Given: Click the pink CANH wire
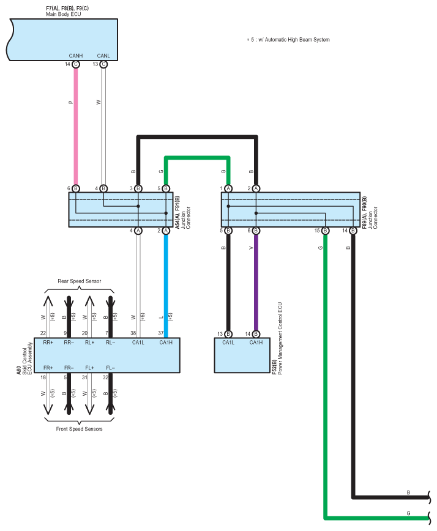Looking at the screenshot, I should pyautogui.click(x=76, y=122).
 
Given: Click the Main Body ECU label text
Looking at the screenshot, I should pyautogui.click(x=63, y=14).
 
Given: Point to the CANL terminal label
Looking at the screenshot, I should pyautogui.click(x=103, y=56).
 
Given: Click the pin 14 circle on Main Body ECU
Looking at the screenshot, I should pyautogui.click(x=76, y=64).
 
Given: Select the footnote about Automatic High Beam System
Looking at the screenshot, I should pyautogui.click(x=288, y=40).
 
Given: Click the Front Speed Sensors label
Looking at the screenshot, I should pyautogui.click(x=75, y=429).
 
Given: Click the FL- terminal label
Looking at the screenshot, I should pyautogui.click(x=110, y=367).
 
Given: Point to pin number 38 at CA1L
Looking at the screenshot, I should pyautogui.click(x=133, y=333).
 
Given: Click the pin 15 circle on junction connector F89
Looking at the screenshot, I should pyautogui.click(x=325, y=231).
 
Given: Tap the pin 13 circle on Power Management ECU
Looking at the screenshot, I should pyautogui.click(x=228, y=334).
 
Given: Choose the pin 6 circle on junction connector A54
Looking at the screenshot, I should pyautogui.click(x=76, y=188).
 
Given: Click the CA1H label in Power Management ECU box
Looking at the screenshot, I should pyautogui.click(x=255, y=343).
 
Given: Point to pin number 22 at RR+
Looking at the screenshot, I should pyautogui.click(x=43, y=333).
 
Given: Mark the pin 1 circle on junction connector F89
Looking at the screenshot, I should pyautogui.click(x=228, y=188).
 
